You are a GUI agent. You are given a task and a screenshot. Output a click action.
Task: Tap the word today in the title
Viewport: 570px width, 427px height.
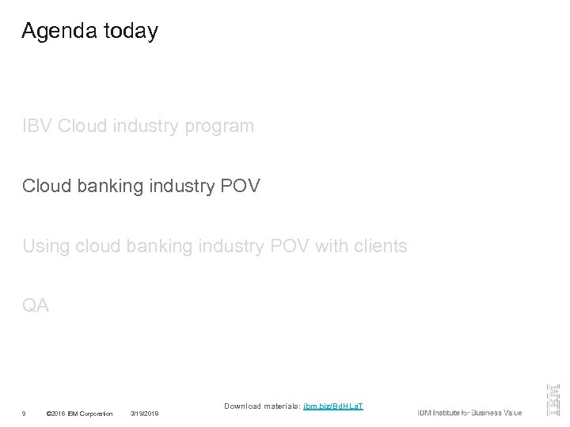[x=130, y=31]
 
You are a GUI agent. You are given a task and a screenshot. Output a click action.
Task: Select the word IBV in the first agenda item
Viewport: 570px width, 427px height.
[x=37, y=126]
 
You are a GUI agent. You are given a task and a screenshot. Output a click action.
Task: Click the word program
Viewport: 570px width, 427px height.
[x=221, y=127]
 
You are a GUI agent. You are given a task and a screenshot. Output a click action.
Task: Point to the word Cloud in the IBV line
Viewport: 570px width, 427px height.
[x=83, y=126]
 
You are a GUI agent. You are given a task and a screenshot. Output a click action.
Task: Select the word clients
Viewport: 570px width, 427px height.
[x=378, y=247]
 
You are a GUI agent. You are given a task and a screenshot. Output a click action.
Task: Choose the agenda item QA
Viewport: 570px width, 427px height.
[x=36, y=306]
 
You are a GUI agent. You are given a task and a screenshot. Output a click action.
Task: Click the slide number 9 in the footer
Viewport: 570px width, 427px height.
[x=25, y=414]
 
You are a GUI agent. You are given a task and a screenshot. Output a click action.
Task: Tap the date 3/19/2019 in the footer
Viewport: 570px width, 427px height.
[x=144, y=414]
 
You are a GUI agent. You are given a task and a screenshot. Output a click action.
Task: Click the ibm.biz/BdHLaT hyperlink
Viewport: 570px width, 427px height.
[x=333, y=406]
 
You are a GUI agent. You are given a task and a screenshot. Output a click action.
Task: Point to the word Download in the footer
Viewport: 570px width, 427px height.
[x=242, y=406]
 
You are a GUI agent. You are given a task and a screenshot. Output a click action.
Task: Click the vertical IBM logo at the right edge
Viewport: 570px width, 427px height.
[x=552, y=399]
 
